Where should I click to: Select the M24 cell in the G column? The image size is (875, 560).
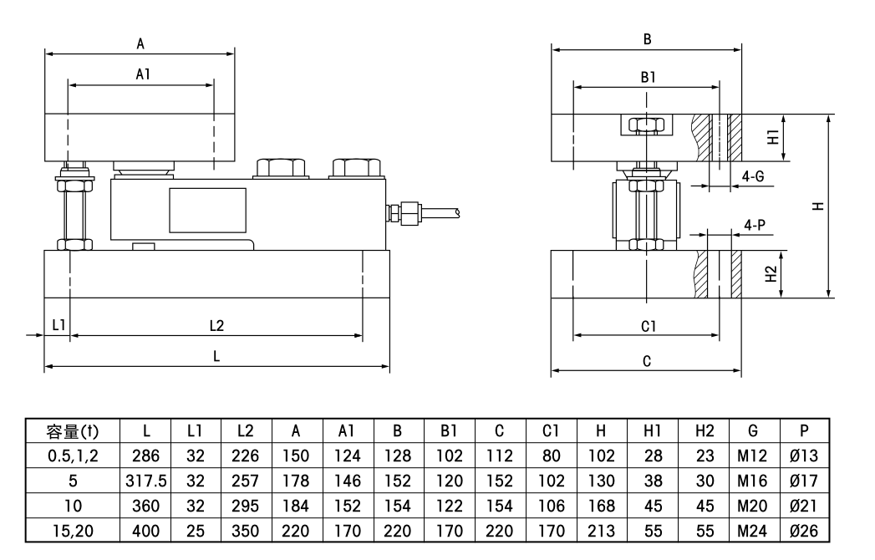coord(751,531)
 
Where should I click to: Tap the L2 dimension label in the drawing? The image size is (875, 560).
coord(216,324)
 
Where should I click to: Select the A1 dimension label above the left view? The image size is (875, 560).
coord(143,74)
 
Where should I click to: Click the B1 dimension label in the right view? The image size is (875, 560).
coord(648,77)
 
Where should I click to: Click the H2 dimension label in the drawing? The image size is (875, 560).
coord(772,273)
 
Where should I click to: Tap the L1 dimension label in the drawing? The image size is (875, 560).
coord(59,324)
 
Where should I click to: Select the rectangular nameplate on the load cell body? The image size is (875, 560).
coord(207,209)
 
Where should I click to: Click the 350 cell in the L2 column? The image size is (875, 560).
coord(246,531)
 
